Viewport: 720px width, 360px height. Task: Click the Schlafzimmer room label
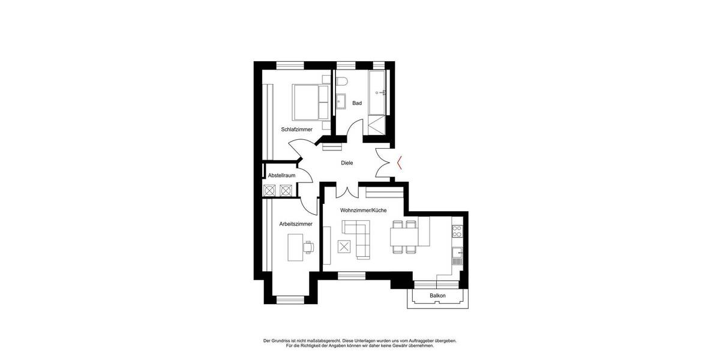point(296,129)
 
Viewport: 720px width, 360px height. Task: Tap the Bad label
point(357,103)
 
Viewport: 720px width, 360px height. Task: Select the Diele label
point(347,163)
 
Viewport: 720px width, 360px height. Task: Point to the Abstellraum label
point(281,175)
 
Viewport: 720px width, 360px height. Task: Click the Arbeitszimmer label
point(296,224)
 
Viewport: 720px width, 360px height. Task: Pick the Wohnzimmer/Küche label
point(363,211)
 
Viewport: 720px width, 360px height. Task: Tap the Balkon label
point(437,296)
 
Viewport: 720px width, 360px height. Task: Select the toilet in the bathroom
point(341,82)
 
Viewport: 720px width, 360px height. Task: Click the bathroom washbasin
point(341,101)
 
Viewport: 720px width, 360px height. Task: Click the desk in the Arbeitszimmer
point(295,247)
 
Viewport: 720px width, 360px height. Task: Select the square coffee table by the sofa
point(344,246)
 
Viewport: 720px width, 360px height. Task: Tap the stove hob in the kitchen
point(457,231)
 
